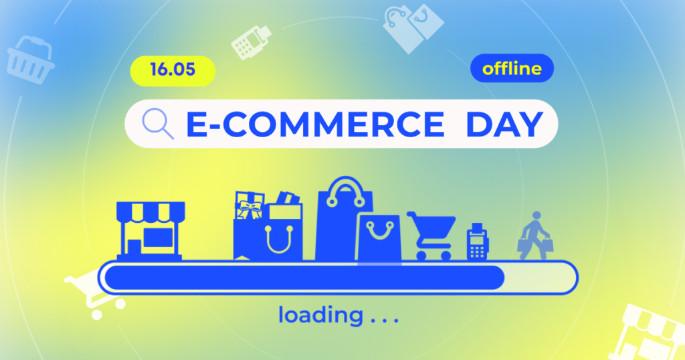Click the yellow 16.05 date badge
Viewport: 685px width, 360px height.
tap(173, 70)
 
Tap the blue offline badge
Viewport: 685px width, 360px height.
tap(512, 68)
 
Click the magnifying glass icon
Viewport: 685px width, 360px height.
tap(158, 124)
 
